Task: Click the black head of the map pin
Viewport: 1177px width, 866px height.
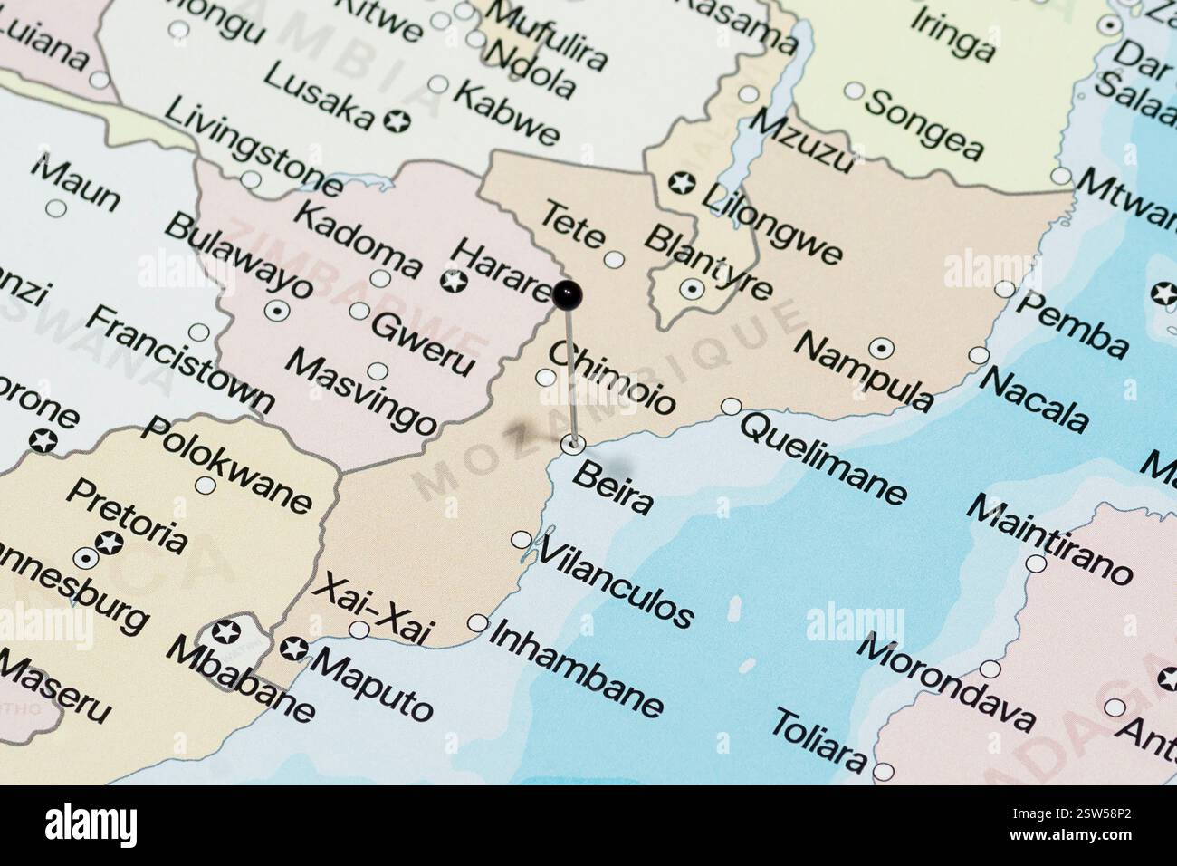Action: click(568, 293)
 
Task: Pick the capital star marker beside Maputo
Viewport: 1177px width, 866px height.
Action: click(292, 648)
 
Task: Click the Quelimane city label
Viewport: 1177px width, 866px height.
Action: click(823, 457)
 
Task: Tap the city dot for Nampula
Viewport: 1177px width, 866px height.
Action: click(880, 348)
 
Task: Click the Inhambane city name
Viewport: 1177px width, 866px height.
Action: click(577, 668)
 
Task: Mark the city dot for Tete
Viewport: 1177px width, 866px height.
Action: click(614, 260)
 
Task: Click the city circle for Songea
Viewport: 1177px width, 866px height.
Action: click(854, 91)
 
